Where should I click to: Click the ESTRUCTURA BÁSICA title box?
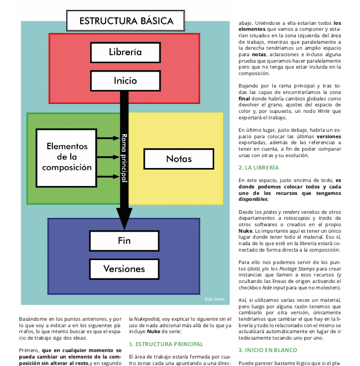click(x=125, y=20)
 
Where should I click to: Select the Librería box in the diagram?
click(x=125, y=52)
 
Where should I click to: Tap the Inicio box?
click(x=125, y=81)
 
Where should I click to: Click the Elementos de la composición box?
click(x=66, y=158)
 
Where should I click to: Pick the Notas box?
click(x=179, y=159)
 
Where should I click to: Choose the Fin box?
click(x=124, y=241)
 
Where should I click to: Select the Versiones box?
click(x=124, y=269)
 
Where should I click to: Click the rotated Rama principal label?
click(x=124, y=158)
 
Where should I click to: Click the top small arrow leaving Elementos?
click(x=108, y=138)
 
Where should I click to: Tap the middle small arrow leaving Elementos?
click(x=108, y=157)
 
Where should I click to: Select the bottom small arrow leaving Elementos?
click(x=108, y=177)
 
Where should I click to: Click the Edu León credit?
click(x=215, y=299)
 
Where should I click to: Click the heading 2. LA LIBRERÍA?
click(x=258, y=168)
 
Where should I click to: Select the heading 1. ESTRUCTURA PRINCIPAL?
click(x=166, y=344)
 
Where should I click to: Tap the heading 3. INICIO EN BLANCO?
click(x=268, y=350)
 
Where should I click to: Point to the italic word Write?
click(x=324, y=111)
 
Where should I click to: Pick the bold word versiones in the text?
click(x=329, y=136)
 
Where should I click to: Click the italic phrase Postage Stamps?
click(x=297, y=269)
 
